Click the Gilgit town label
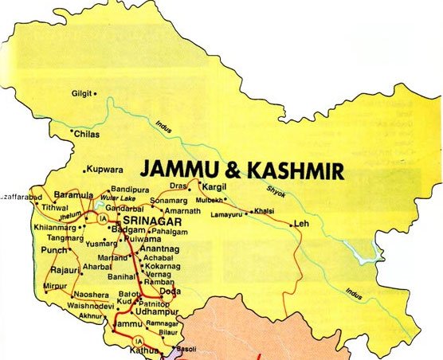pos(82,92)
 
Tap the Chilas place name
pos(87,135)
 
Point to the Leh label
pos(301,223)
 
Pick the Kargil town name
pos(215,185)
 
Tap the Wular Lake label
pos(114,200)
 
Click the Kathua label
pos(147,350)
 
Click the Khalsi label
pos(264,211)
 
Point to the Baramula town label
pos(73,192)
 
